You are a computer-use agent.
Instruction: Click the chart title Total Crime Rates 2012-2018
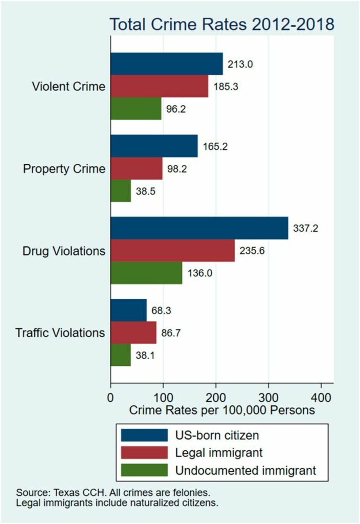(x=222, y=25)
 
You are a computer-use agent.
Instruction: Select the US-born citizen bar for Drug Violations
(x=199, y=229)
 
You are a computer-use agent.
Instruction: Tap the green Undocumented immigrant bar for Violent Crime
(x=136, y=108)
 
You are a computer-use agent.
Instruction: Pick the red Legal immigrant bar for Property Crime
(x=137, y=169)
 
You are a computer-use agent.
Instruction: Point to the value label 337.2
(x=305, y=229)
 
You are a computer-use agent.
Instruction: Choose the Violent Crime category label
(x=69, y=86)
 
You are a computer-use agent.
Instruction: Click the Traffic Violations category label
(x=60, y=333)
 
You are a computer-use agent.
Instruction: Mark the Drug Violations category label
(x=64, y=251)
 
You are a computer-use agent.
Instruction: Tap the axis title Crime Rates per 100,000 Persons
(x=221, y=410)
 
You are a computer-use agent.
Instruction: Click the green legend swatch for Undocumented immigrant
(x=144, y=470)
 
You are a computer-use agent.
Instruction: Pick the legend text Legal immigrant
(x=219, y=453)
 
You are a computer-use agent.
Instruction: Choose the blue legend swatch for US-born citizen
(x=144, y=435)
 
